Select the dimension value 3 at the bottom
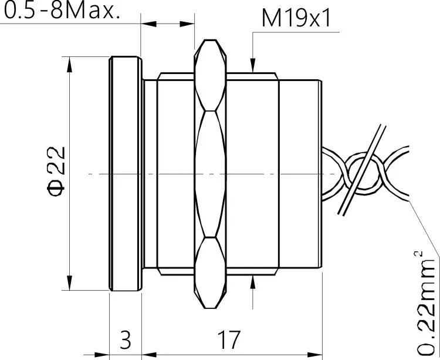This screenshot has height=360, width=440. pos(126,339)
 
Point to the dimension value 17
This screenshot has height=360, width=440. pos(229,339)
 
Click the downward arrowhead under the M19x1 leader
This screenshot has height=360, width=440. pos(252,66)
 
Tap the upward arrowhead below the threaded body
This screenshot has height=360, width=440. pos(252,283)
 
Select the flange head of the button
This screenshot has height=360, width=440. pos(126,173)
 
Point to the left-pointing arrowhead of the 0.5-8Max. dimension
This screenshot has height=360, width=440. pos(147,24)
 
